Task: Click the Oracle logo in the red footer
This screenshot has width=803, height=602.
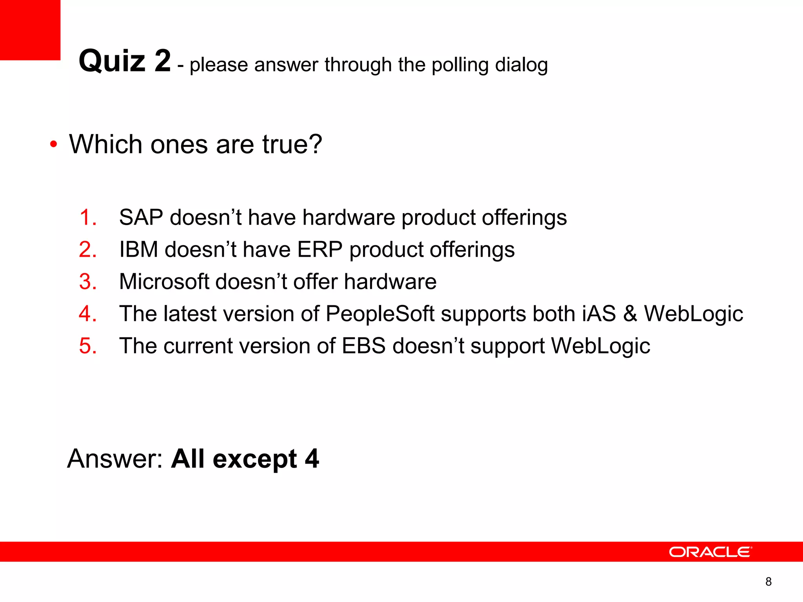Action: pos(710,552)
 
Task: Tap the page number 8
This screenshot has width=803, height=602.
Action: pos(768,582)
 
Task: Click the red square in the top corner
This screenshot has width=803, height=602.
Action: pos(30,30)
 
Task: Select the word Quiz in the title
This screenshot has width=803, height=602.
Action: pos(113,61)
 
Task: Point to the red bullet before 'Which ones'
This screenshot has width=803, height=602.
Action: pos(54,145)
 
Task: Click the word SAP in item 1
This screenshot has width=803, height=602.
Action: pos(141,217)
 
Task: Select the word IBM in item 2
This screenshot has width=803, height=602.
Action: pos(139,250)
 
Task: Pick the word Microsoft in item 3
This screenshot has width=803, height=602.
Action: pos(164,281)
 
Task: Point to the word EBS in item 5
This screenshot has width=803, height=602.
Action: pos(363,346)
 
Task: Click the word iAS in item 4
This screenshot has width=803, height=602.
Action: pos(599,314)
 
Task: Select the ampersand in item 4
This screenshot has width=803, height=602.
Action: pos(630,314)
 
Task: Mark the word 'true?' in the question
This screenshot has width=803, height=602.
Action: pos(292,144)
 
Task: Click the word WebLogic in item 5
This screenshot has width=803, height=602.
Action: pos(600,346)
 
